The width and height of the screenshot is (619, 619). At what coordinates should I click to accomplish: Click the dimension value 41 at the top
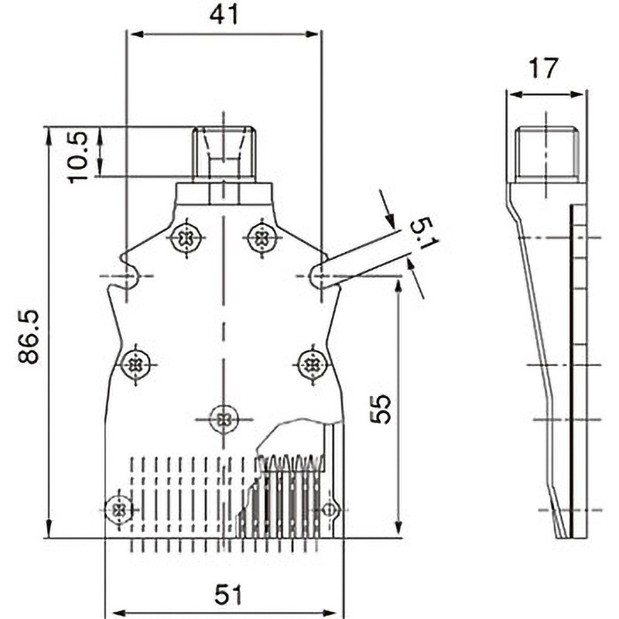[223, 15]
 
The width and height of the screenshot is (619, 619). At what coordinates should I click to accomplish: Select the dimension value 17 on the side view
[545, 69]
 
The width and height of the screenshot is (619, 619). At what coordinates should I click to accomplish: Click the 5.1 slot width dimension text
[423, 234]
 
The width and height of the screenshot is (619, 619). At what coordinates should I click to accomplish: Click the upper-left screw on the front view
[186, 238]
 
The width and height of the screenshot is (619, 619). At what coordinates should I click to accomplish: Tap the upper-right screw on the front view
[262, 238]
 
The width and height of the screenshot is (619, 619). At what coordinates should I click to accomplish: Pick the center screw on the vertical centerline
[224, 419]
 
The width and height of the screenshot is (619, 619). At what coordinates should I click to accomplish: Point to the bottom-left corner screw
[118, 509]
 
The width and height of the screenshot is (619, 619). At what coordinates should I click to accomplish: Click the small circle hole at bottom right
[330, 510]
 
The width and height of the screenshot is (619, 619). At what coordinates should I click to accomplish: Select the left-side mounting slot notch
[128, 275]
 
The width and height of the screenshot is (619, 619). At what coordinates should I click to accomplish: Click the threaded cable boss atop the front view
[224, 152]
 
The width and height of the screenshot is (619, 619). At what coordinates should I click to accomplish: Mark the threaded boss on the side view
[545, 152]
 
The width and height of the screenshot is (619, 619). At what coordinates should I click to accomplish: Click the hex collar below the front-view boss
[224, 192]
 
